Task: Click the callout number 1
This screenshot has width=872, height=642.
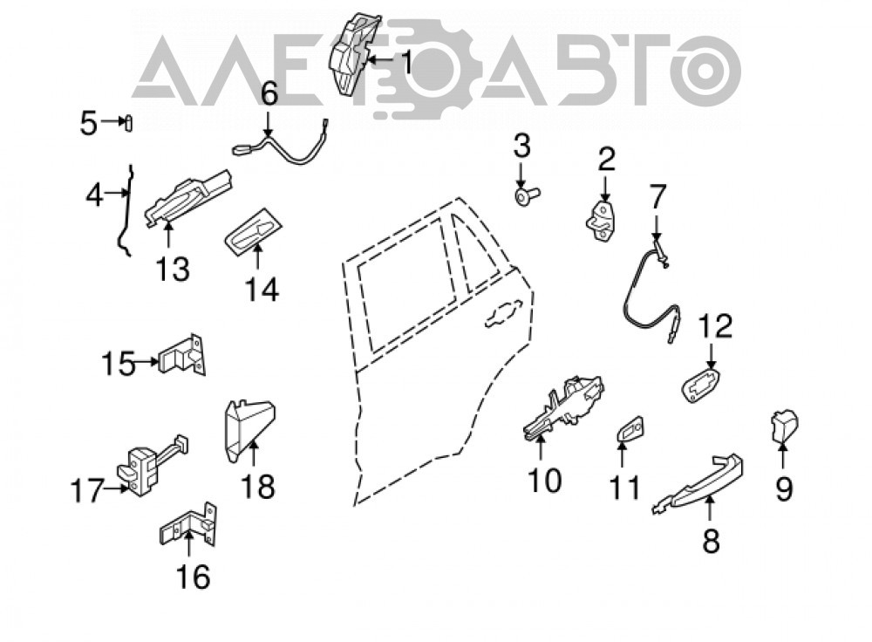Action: (x=407, y=62)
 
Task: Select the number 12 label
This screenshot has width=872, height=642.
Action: (x=715, y=326)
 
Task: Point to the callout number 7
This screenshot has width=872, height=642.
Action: (x=657, y=197)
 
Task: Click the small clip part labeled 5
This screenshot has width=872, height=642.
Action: (x=128, y=122)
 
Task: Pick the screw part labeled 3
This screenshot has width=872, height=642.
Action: (x=526, y=195)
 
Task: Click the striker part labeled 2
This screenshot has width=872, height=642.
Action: (x=603, y=222)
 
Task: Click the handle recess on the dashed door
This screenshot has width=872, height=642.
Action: (x=503, y=314)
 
